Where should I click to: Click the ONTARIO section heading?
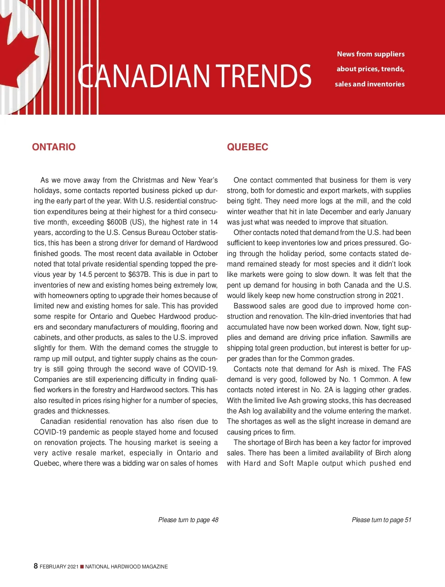coord(54,147)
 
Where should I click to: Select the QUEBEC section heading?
coord(247,147)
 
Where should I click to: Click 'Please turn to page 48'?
coord(188,520)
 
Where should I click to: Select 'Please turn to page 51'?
coord(382,520)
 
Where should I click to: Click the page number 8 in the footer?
coord(36,566)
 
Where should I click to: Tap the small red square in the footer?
coord(82,567)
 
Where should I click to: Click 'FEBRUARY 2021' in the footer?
coord(59,567)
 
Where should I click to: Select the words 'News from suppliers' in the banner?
coord(370,54)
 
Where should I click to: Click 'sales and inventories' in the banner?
coord(369,84)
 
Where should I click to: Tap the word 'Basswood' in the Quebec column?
coord(249,306)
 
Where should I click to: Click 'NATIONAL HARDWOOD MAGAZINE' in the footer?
coord(126,567)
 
